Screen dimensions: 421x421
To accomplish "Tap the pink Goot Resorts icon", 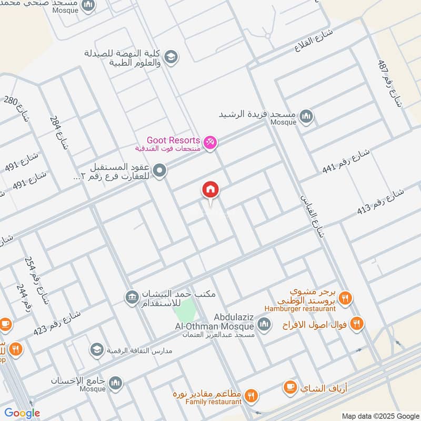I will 210,143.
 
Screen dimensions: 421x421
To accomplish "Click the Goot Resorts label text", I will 173,141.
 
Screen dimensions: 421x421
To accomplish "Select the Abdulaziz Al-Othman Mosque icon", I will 264,323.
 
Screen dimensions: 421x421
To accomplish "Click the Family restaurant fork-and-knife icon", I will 252,395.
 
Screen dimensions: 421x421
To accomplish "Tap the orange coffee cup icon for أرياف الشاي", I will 289,388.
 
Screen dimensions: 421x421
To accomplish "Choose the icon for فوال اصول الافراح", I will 356,323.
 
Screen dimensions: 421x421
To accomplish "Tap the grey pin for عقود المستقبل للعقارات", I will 161,170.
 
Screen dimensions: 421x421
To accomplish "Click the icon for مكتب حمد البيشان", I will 132,297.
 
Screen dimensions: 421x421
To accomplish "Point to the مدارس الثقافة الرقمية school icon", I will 96,349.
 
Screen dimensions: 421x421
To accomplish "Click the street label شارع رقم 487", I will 389,83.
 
